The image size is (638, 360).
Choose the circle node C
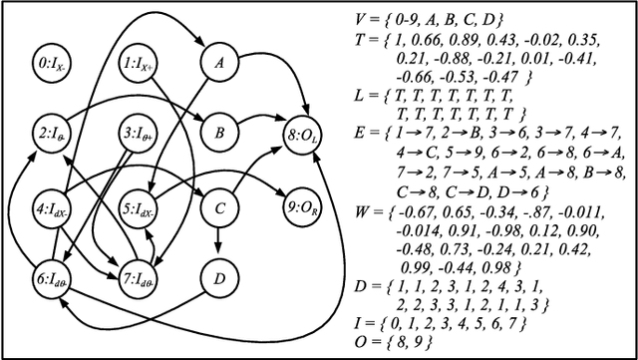pos(217,208)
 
